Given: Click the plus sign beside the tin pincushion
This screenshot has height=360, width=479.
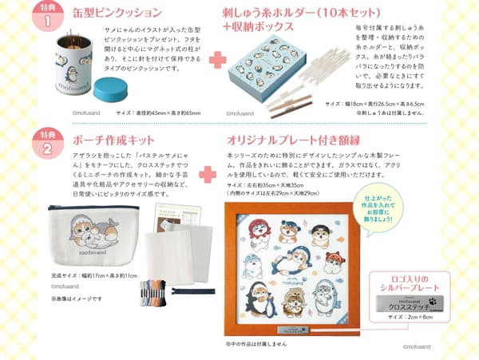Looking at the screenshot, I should coord(214,59).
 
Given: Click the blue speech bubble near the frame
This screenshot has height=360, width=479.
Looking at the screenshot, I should coord(384,208).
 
